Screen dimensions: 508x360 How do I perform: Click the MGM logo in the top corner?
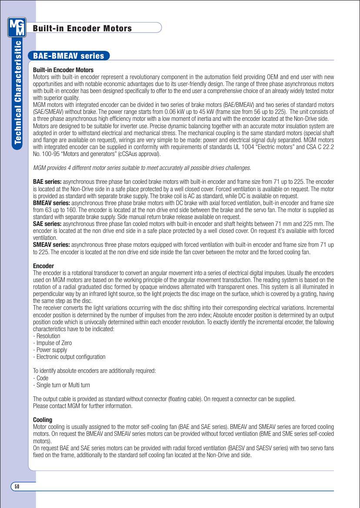click(17, 28)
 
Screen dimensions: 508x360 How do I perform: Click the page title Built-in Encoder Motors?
click(82, 29)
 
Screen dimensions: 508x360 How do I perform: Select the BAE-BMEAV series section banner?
click(69, 56)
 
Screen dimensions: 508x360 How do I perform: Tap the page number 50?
click(17, 486)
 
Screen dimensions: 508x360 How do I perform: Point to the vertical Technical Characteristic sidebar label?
click(18, 94)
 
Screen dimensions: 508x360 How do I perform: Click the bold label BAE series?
click(47, 182)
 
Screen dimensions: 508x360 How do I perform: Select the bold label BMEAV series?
click(52, 203)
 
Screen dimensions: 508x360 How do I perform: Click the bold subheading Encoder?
click(43, 266)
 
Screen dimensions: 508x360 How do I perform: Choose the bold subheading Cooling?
click(43, 420)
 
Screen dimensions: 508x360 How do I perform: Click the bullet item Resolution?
click(48, 336)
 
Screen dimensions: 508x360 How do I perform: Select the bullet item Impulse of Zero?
click(53, 343)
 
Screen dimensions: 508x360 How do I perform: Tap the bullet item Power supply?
click(51, 350)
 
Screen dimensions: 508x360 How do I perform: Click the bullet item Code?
click(42, 378)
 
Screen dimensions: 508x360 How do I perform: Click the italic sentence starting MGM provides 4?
click(142, 168)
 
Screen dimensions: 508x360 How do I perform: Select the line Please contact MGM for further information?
click(83, 406)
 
